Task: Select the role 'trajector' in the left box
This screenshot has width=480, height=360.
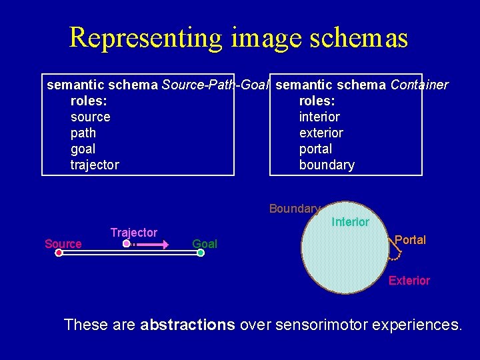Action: click(x=95, y=165)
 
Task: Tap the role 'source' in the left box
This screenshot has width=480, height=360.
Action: click(x=90, y=117)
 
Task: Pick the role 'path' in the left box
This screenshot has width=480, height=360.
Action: click(x=83, y=133)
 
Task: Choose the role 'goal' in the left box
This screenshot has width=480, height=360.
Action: click(x=83, y=149)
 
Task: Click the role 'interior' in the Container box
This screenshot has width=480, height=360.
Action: click(x=319, y=117)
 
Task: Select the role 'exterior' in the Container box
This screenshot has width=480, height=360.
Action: click(x=321, y=133)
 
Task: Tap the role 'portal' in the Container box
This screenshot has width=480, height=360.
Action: click(x=315, y=149)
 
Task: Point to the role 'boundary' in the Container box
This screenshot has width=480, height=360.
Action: click(x=327, y=165)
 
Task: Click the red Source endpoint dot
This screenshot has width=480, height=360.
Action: click(x=59, y=253)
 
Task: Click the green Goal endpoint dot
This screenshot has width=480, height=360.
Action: click(x=201, y=253)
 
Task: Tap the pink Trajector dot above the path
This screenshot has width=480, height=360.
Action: click(x=127, y=245)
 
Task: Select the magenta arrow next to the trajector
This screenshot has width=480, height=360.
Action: click(x=156, y=245)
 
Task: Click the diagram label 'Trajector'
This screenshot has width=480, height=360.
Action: click(x=134, y=233)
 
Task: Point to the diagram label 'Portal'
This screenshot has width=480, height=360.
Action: click(x=410, y=240)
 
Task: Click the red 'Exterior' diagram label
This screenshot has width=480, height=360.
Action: click(x=409, y=281)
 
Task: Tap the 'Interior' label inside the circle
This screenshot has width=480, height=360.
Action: click(x=350, y=222)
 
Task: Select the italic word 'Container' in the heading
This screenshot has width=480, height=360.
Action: click(x=419, y=85)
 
